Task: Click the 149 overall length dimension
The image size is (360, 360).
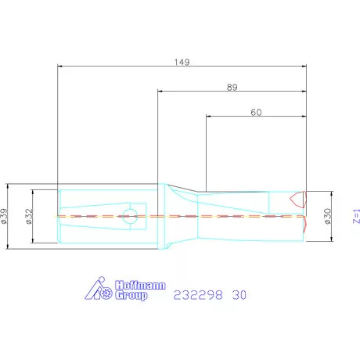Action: click(x=182, y=62)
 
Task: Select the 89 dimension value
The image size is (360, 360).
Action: click(x=232, y=87)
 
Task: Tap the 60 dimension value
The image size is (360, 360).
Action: click(x=256, y=112)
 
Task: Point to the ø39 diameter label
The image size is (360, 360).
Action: click(x=4, y=216)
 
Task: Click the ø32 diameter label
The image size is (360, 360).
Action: click(x=29, y=216)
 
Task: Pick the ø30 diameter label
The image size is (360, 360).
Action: click(x=327, y=216)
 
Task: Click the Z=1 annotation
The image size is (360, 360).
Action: click(x=356, y=216)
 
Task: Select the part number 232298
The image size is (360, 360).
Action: click(x=198, y=295)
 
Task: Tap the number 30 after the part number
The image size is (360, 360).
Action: click(x=239, y=295)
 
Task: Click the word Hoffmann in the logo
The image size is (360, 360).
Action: click(x=140, y=285)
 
